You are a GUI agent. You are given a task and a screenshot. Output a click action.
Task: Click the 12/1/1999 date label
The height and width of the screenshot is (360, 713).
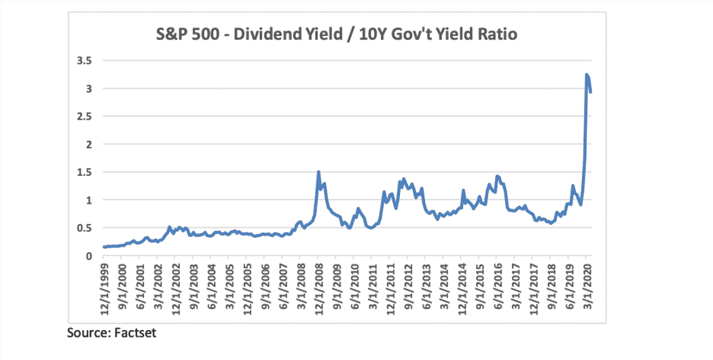point(104,286)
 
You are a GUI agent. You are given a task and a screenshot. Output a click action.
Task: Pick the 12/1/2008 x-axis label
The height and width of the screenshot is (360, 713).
point(318,286)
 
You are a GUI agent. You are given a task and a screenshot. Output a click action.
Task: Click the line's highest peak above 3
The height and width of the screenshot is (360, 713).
point(587,74)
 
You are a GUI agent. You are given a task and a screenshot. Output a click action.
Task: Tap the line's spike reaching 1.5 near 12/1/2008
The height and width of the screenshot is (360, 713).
point(318,172)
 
